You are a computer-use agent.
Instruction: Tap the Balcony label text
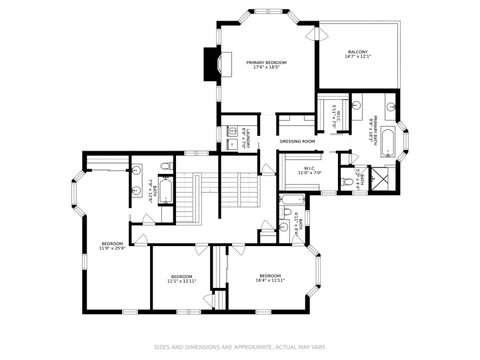(x=357, y=52)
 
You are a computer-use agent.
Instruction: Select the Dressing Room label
(x=297, y=142)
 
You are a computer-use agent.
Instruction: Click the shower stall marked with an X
(x=380, y=179)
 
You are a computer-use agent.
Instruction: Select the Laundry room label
(x=247, y=137)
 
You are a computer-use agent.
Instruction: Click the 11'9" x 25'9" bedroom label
(x=112, y=245)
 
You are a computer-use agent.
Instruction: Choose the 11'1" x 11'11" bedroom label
(x=180, y=278)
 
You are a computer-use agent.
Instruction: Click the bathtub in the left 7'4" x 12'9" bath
(x=167, y=190)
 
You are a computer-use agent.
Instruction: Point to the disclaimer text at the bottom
(x=240, y=348)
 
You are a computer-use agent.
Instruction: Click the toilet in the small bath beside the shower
(x=345, y=180)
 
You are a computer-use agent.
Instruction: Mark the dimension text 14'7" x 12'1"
(x=357, y=58)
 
